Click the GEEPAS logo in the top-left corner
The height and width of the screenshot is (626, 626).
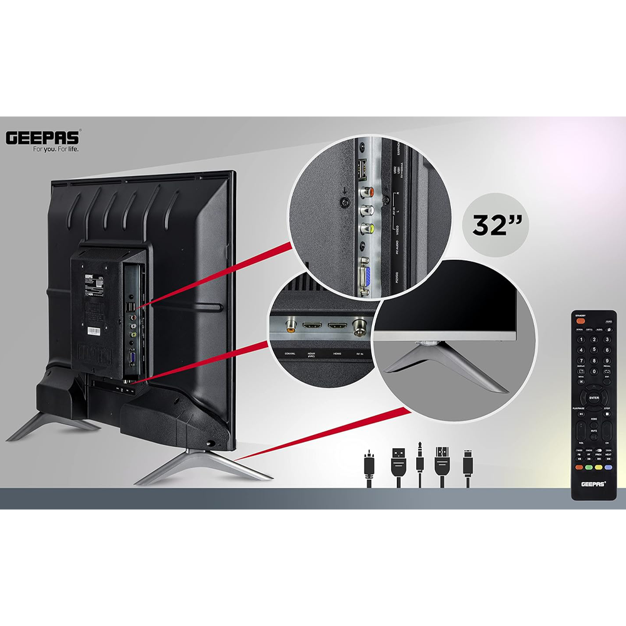tap(43, 137)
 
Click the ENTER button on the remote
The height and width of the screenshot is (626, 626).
tap(593, 398)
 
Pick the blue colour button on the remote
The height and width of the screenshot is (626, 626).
tap(608, 466)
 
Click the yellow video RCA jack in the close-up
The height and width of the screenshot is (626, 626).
tap(363, 229)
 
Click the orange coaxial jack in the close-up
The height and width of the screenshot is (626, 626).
tap(290, 324)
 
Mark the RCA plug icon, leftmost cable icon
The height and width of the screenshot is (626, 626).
tap(369, 468)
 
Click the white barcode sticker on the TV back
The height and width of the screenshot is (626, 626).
tap(93, 330)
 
